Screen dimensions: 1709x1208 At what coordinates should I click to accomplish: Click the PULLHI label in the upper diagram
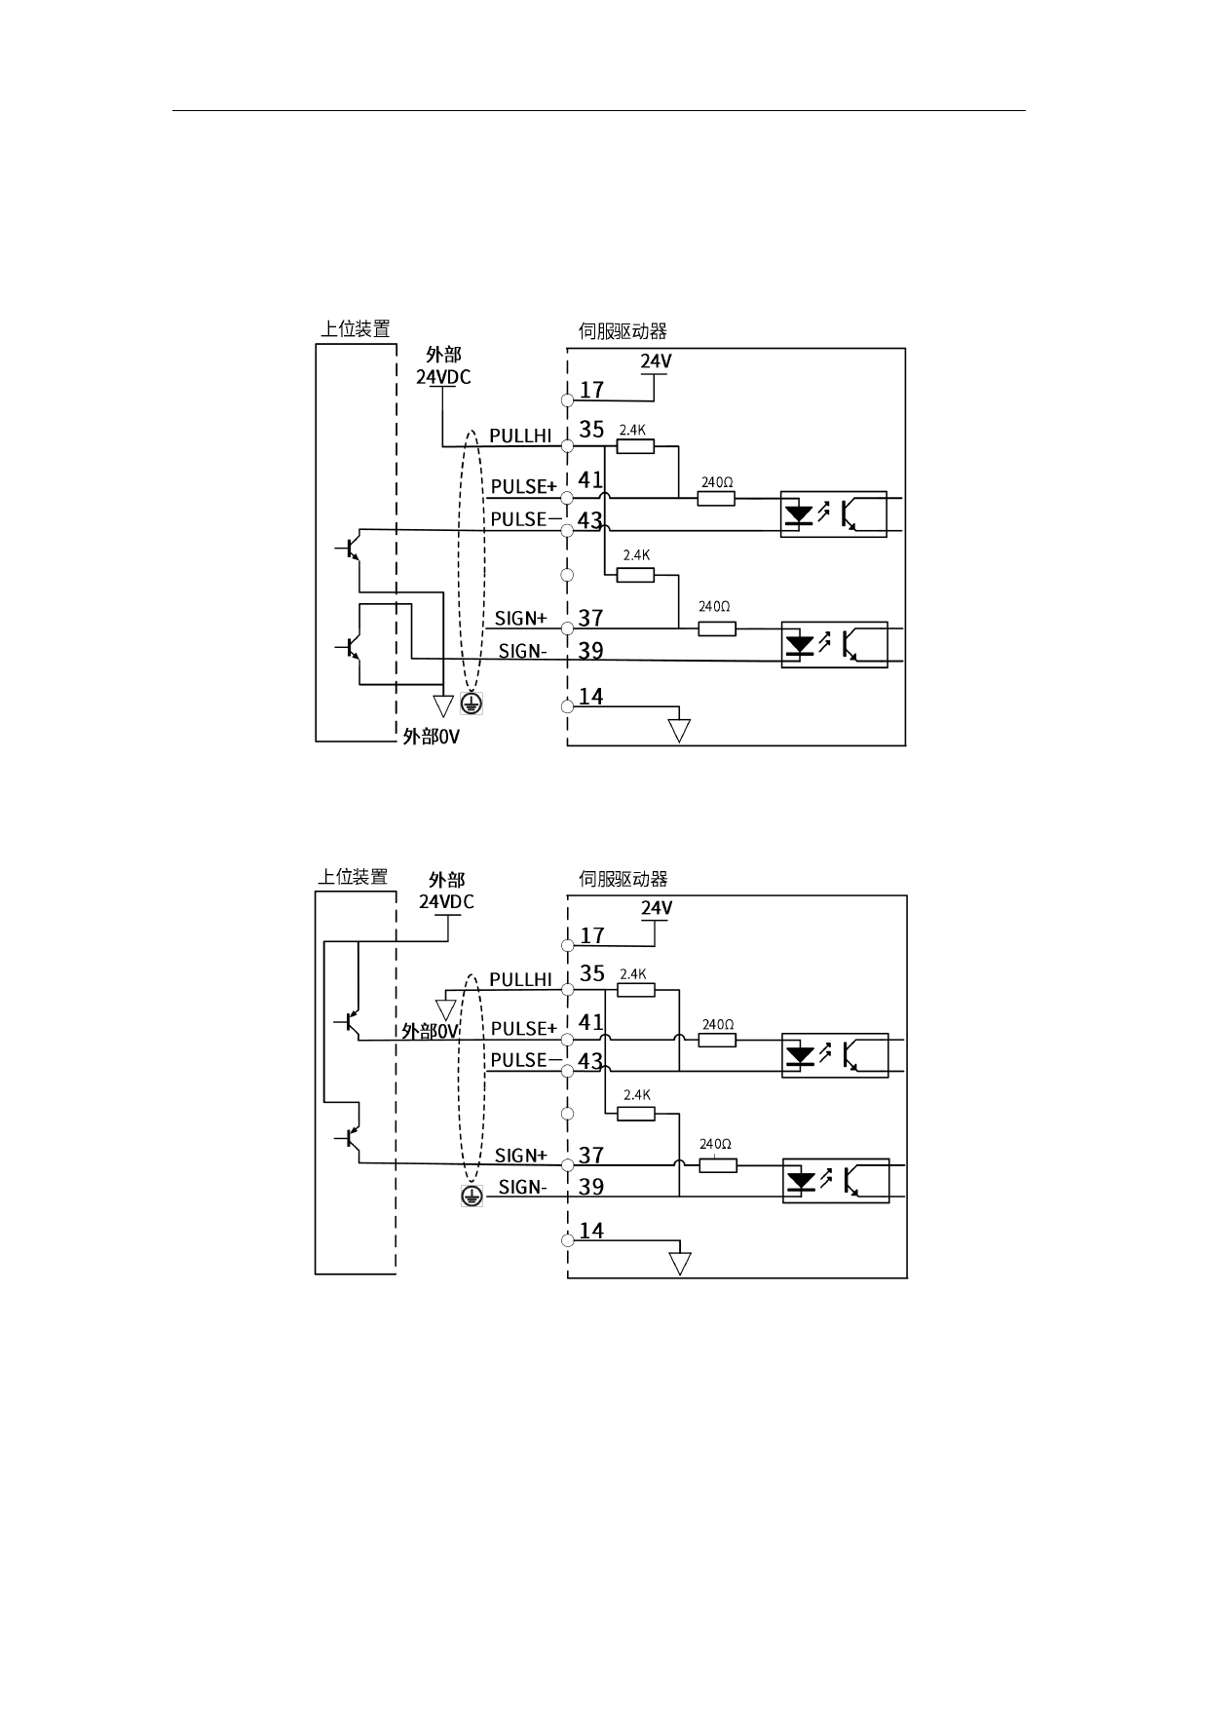pyautogui.click(x=520, y=436)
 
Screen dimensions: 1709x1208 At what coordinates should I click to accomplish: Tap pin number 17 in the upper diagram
pyautogui.click(x=592, y=390)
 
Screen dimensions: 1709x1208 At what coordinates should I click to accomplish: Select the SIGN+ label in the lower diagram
pyautogui.click(x=521, y=1156)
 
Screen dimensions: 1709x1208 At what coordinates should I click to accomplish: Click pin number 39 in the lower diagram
pyautogui.click(x=591, y=1187)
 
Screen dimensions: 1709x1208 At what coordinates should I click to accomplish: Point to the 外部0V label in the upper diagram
pyautogui.click(x=431, y=737)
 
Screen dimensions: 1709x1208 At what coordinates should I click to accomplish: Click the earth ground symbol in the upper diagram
pyautogui.click(x=472, y=703)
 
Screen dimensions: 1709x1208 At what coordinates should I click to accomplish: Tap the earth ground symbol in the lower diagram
pyautogui.click(x=472, y=1196)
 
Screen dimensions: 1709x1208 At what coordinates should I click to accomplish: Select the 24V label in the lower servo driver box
pyautogui.click(x=657, y=908)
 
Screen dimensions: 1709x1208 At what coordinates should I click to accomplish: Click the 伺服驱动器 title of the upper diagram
pyautogui.click(x=623, y=331)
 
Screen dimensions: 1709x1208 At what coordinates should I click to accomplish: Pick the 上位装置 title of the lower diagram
pyautogui.click(x=353, y=877)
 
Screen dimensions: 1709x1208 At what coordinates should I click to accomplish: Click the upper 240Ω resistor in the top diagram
pyautogui.click(x=716, y=498)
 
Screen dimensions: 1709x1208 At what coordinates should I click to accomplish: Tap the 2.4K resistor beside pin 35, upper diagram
pyautogui.click(x=635, y=445)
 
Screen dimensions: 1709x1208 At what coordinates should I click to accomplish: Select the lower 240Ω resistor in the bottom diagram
pyautogui.click(x=718, y=1164)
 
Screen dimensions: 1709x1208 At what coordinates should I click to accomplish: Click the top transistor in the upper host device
pyautogui.click(x=350, y=549)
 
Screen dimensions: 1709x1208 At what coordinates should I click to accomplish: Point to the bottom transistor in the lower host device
pyautogui.click(x=350, y=1137)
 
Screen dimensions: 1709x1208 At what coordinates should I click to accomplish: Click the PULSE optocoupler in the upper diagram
pyautogui.click(x=834, y=513)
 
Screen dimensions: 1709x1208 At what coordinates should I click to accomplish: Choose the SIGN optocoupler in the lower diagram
pyautogui.click(x=835, y=1180)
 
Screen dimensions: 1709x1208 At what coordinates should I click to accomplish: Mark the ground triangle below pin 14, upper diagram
pyautogui.click(x=679, y=730)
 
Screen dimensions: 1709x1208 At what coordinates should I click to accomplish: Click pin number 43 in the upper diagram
pyautogui.click(x=590, y=520)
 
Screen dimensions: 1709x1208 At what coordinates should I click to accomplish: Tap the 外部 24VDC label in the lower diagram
pyautogui.click(x=447, y=891)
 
